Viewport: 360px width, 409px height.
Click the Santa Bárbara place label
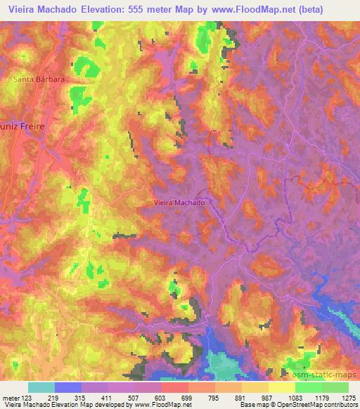(x=39, y=79)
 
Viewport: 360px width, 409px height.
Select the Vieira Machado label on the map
(x=179, y=202)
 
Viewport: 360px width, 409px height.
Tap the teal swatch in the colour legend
(x=41, y=387)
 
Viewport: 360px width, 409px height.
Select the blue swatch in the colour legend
(x=68, y=387)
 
